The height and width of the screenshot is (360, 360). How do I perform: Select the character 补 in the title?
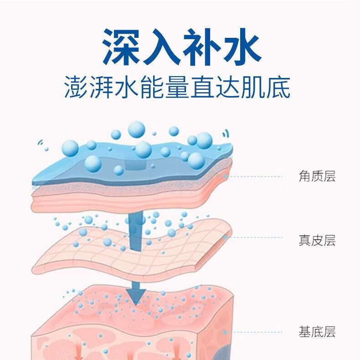tap(201, 46)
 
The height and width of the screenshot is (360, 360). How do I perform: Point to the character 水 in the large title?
tap(242, 46)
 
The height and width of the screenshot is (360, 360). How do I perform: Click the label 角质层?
tap(317, 176)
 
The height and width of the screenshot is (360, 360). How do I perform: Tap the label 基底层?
tap(317, 332)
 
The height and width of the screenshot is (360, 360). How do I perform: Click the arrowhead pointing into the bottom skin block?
tap(136, 296)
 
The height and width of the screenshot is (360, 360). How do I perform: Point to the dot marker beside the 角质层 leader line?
tap(225, 176)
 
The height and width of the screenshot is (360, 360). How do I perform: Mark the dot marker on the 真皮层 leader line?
tap(225, 237)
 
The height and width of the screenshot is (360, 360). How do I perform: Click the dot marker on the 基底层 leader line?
tap(225, 332)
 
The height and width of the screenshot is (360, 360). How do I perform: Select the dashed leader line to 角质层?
tap(256, 176)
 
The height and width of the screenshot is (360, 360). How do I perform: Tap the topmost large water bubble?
tap(137, 130)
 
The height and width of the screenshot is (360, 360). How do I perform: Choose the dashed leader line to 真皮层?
tap(256, 237)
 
